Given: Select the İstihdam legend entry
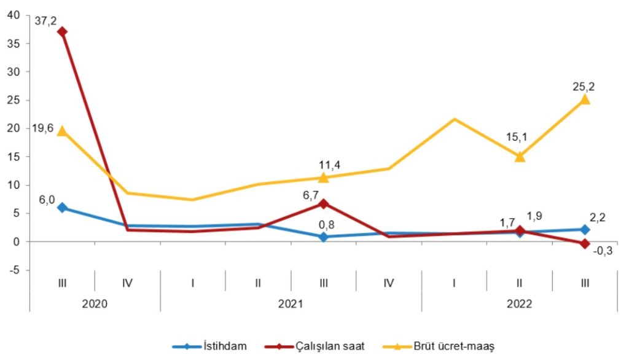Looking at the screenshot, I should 225,346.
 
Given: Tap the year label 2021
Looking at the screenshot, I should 291,303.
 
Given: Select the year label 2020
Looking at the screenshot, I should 95,303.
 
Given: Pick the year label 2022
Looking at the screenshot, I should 520,303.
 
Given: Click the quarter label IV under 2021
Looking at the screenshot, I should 388,283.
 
